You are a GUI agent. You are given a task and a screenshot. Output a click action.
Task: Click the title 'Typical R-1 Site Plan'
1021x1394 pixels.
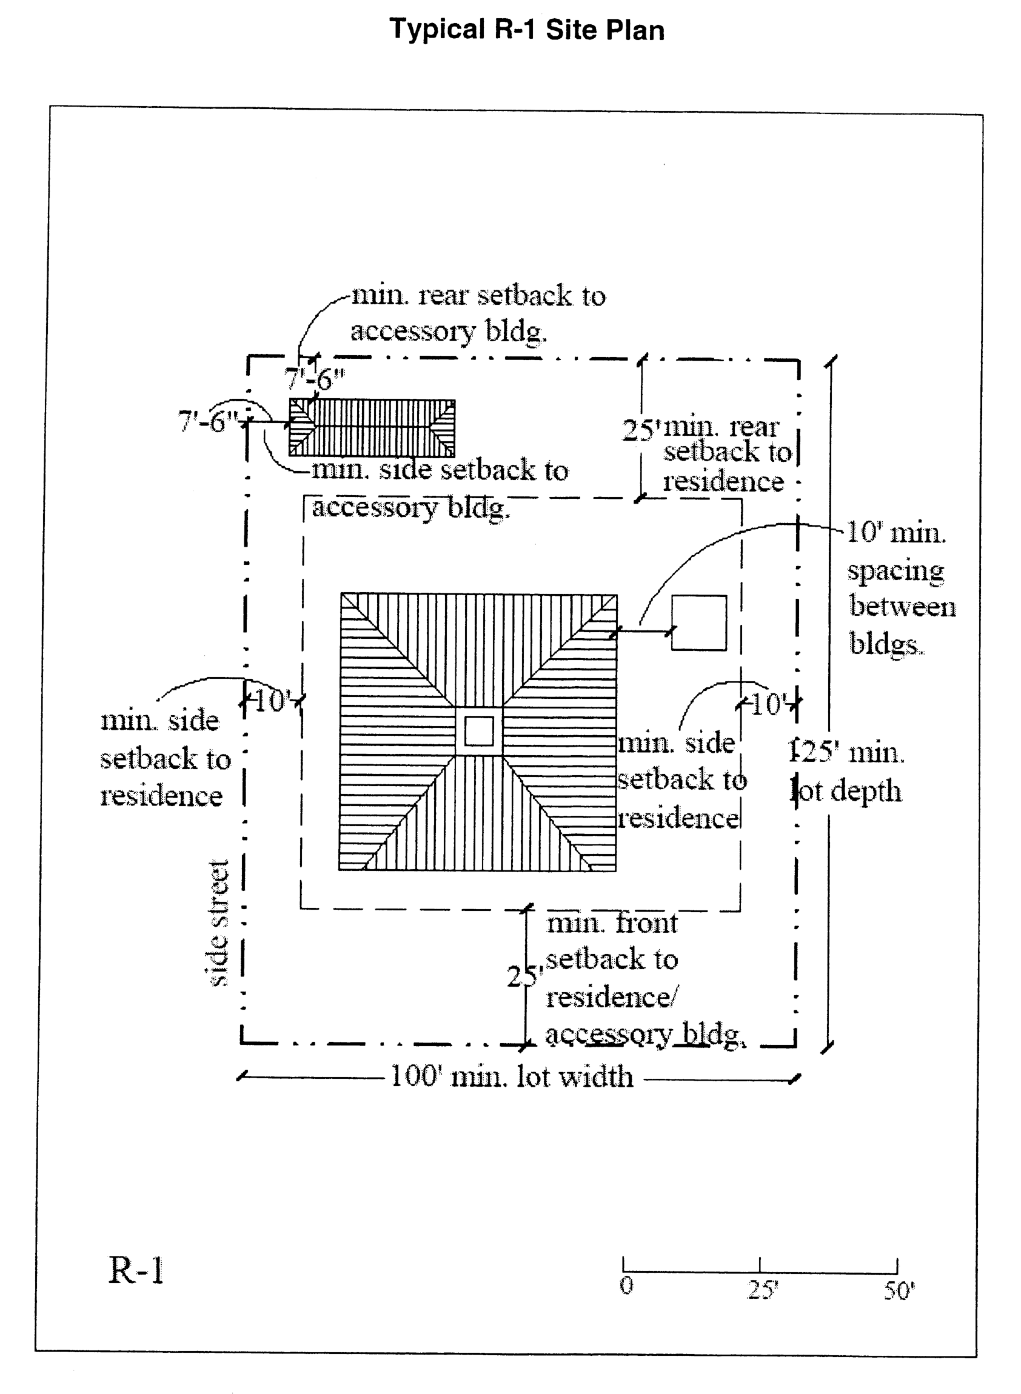pos(527,30)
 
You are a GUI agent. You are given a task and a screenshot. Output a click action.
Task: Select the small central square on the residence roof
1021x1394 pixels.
pos(479,731)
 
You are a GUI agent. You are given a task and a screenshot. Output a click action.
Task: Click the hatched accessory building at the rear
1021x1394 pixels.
pos(372,427)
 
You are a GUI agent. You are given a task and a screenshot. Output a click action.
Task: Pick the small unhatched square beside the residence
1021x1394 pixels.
pos(699,622)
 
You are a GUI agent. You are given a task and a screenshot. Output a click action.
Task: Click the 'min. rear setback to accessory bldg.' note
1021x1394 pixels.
pos(477,313)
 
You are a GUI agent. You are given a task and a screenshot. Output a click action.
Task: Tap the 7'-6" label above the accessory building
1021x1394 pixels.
pos(314,378)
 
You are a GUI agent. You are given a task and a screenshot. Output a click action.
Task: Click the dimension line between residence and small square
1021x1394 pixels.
pos(643,631)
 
